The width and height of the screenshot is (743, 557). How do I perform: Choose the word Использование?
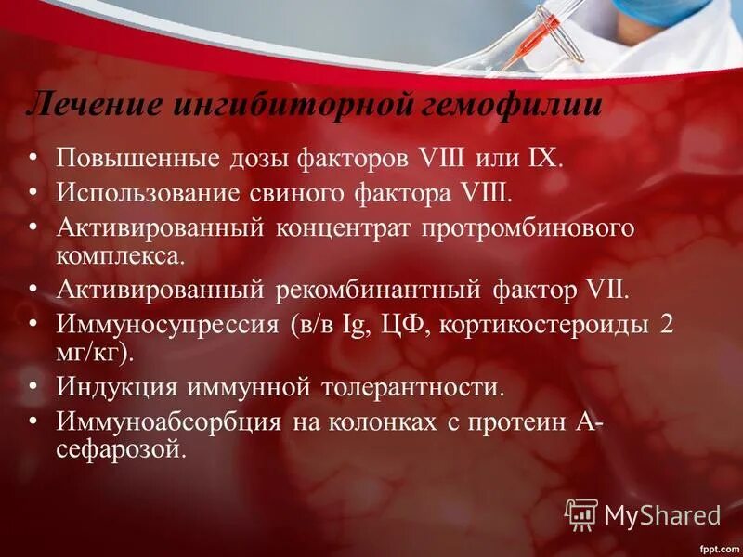click(150, 193)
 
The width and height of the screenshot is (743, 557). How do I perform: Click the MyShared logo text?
click(662, 514)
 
